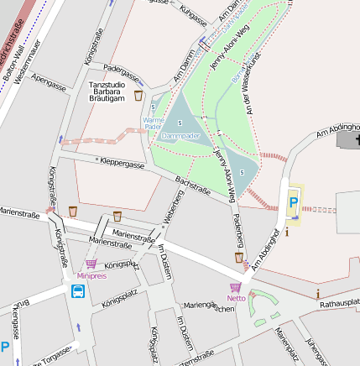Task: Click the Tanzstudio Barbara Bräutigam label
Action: [107, 91]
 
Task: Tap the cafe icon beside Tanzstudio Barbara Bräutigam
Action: [138, 96]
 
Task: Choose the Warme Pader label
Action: [154, 123]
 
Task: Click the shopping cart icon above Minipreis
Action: [91, 264]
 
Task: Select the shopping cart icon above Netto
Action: [235, 287]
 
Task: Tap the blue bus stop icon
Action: [78, 291]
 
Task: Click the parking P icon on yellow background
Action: [293, 202]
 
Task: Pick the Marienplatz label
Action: [287, 344]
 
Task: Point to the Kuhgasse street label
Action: [193, 13]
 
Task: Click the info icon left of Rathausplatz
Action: [318, 293]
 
